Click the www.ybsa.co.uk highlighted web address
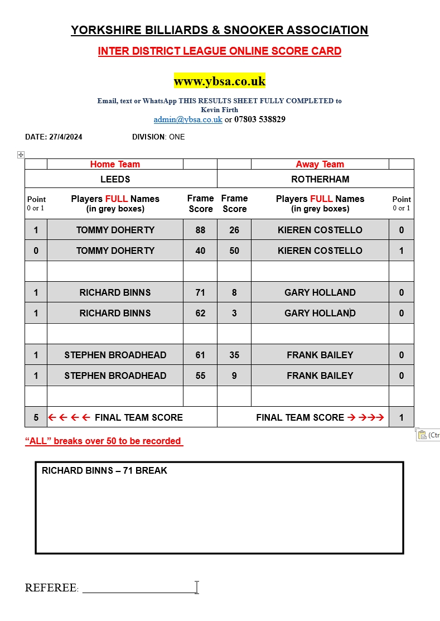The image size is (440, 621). point(220,81)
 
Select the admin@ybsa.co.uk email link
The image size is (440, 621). point(188,119)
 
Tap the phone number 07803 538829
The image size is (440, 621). point(260,119)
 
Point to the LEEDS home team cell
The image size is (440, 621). point(115,179)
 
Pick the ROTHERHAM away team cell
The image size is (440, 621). point(320,179)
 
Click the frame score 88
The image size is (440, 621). point(200,230)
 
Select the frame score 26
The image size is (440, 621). point(234,230)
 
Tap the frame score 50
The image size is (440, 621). point(234,251)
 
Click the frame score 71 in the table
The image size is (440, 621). point(200,292)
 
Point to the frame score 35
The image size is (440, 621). point(234,355)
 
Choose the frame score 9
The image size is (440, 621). point(234,376)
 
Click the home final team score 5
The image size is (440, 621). point(36,417)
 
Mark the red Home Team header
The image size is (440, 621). point(115,164)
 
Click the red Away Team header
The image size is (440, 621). point(320,164)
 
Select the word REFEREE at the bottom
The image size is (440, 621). point(51,588)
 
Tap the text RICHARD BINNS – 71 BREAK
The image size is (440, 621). point(104,470)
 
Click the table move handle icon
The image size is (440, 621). point(21,155)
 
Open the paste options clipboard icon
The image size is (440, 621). point(422,435)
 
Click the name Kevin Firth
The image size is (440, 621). point(220,110)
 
